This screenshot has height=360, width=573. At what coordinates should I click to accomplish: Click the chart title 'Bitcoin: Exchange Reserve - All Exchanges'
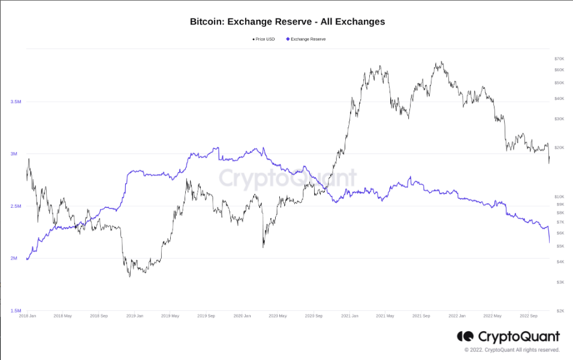[x=287, y=22]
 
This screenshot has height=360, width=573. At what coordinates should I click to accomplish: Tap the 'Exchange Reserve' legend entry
[x=306, y=39]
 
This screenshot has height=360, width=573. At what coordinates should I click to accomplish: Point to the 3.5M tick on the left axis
[x=16, y=102]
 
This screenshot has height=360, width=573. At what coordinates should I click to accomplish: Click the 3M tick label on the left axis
[x=14, y=154]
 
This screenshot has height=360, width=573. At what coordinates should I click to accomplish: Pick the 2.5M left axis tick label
[x=16, y=206]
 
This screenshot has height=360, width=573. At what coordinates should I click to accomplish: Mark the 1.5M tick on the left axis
[x=16, y=311]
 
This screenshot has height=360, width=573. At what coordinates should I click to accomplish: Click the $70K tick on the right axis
[x=560, y=59]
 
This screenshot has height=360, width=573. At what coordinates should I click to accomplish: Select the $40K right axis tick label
[x=560, y=98]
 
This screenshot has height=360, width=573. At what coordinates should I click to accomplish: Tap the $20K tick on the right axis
[x=560, y=147]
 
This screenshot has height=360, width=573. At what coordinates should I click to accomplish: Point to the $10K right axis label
[x=560, y=196]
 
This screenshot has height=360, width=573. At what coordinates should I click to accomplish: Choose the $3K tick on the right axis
[x=560, y=282]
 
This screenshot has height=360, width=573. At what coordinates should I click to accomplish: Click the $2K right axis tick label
[x=560, y=311]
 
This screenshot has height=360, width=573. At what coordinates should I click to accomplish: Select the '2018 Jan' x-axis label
[x=28, y=316]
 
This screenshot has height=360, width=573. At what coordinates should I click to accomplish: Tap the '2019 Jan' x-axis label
[x=135, y=316]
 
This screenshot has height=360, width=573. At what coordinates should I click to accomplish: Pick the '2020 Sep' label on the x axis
[x=313, y=316]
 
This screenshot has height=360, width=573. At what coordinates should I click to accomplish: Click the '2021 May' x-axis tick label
[x=385, y=316]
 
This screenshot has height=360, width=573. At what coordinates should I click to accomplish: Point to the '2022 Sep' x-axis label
[x=528, y=316]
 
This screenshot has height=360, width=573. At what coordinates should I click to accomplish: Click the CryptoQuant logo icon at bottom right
[x=465, y=337]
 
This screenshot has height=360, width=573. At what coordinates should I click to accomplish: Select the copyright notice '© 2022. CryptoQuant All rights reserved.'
[x=512, y=350]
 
